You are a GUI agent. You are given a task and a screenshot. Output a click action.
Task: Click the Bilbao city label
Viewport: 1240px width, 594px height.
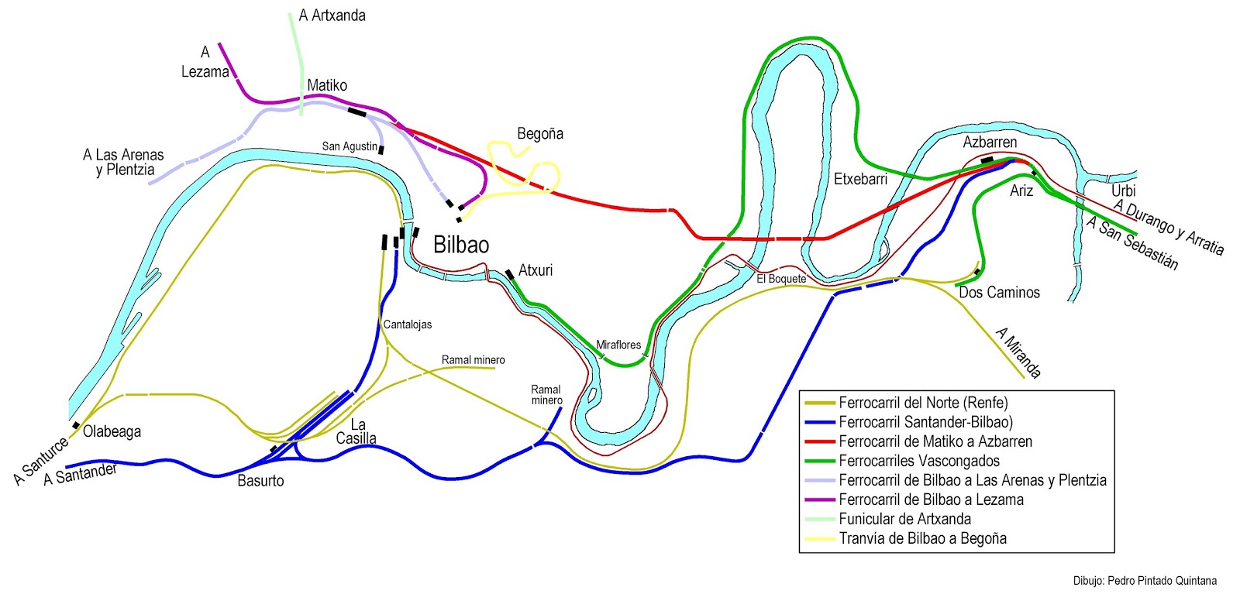tap(461, 245)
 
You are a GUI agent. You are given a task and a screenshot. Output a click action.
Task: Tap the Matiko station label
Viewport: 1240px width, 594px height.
tap(327, 85)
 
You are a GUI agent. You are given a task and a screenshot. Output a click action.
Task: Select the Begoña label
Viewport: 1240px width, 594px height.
tap(540, 134)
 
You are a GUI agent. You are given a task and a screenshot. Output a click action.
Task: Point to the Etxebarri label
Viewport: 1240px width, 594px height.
tap(860, 179)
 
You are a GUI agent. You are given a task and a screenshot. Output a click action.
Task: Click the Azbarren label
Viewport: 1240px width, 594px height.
tap(990, 142)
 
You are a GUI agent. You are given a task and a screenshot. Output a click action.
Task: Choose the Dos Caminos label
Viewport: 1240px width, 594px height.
tap(999, 293)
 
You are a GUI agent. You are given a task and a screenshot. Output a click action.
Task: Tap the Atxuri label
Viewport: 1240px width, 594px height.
tap(536, 270)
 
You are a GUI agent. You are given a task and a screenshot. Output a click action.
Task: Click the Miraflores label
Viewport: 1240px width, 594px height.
tap(618, 345)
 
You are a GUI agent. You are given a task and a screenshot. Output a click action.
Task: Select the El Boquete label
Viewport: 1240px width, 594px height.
tap(781, 279)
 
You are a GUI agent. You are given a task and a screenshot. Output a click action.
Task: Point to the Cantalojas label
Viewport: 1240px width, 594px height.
tap(408, 324)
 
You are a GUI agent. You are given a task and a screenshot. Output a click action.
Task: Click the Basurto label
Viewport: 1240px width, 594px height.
tap(260, 481)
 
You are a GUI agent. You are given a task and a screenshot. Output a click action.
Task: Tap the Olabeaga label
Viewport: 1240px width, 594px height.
tap(112, 432)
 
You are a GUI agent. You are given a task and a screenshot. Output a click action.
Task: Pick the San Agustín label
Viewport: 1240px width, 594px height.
tap(350, 146)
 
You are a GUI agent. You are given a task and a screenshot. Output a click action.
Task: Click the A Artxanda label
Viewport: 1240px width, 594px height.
tap(332, 15)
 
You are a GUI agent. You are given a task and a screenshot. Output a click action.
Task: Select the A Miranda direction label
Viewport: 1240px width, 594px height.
tap(1018, 353)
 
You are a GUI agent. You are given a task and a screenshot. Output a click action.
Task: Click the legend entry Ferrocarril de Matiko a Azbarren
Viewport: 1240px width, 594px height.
tap(935, 441)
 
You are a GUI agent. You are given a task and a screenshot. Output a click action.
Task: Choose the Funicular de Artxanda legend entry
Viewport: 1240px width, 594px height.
tap(904, 519)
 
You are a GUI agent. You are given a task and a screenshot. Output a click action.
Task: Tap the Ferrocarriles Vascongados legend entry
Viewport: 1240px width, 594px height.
tap(919, 461)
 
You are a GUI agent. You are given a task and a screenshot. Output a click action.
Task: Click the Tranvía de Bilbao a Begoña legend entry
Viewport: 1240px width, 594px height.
tap(922, 538)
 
